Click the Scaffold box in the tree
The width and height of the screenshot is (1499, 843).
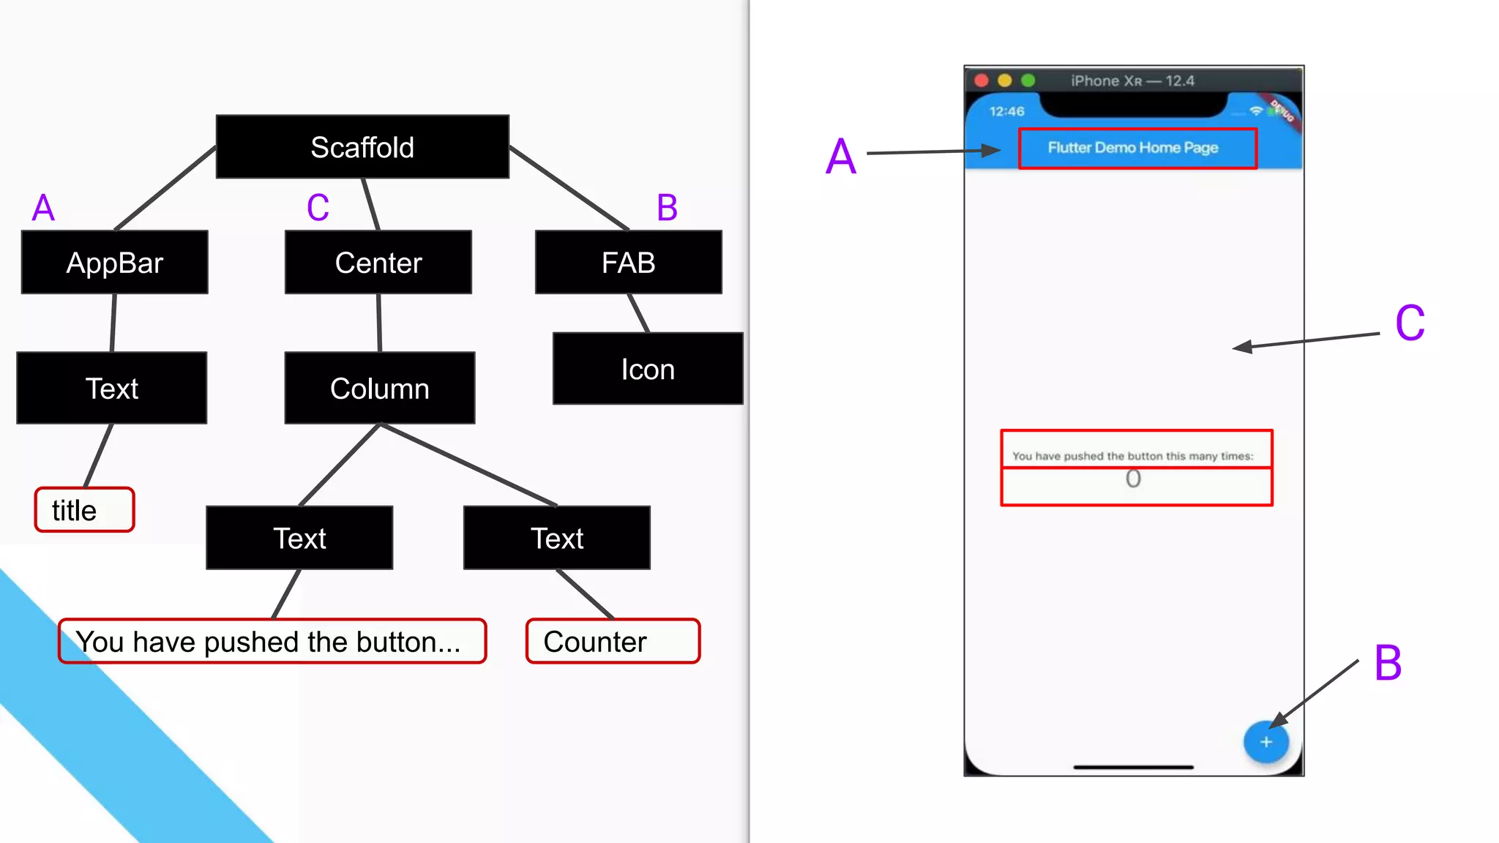click(x=362, y=146)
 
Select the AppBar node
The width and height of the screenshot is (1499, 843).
click(x=115, y=263)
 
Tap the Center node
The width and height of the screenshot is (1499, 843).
click(x=378, y=263)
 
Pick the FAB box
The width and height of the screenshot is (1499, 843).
click(x=628, y=263)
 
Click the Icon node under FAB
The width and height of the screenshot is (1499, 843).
click(x=648, y=369)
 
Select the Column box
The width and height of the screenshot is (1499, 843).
click(x=379, y=388)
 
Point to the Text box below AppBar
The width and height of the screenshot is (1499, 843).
click(x=112, y=388)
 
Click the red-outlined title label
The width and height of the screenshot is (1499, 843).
click(x=84, y=510)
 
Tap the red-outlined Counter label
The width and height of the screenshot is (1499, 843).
click(x=613, y=642)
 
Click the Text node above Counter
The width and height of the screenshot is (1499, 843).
click(x=556, y=538)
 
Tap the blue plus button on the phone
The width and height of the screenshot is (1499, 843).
click(x=1266, y=742)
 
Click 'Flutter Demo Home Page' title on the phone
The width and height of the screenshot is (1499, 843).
click(x=1133, y=148)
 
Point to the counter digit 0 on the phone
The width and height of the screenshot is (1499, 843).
click(x=1133, y=479)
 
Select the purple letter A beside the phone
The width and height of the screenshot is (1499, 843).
click(x=841, y=156)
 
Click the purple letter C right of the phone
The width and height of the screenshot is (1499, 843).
click(x=1410, y=323)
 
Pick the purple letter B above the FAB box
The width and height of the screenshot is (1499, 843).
click(x=667, y=208)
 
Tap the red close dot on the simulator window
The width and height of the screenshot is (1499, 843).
click(x=982, y=80)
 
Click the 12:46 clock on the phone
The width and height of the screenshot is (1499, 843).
click(x=1006, y=111)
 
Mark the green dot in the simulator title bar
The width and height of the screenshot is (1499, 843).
click(x=1028, y=80)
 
